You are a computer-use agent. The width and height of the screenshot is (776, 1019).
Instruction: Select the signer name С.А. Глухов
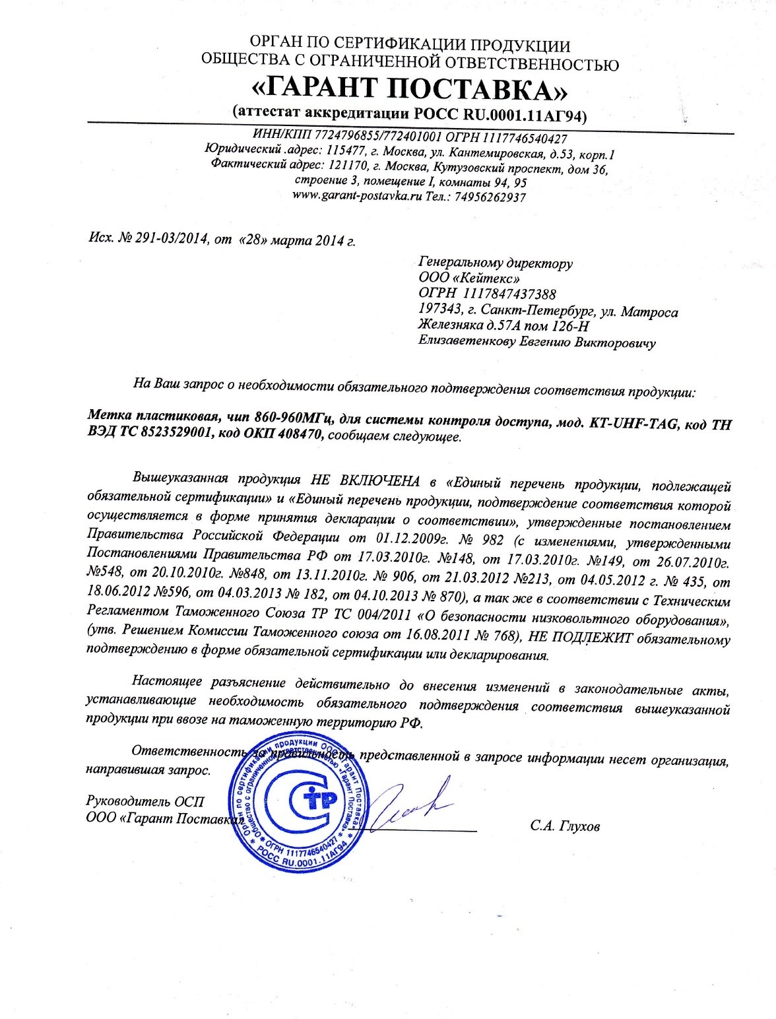click(565, 827)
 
